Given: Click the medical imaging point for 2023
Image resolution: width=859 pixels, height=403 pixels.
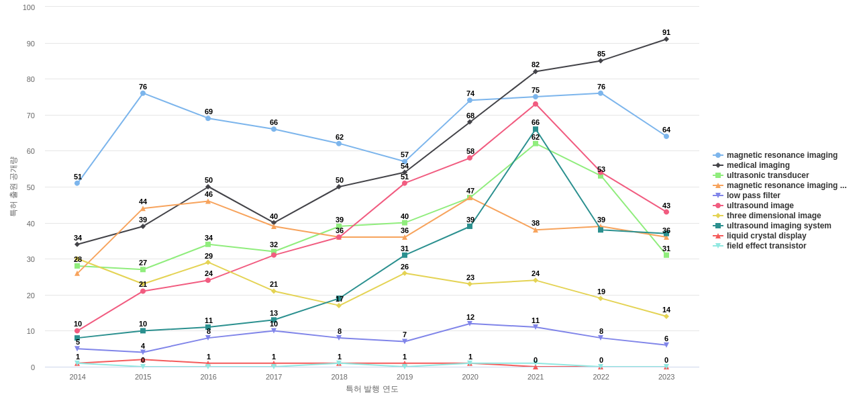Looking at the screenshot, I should (666, 39).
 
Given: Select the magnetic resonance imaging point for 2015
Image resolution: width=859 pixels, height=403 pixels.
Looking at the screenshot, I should (143, 93).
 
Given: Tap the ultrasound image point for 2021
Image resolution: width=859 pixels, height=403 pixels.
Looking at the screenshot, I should (536, 104).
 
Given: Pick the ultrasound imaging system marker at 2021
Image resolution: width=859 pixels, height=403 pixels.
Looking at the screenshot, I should (536, 130).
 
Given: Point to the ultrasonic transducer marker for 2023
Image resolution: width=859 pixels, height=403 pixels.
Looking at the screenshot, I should (666, 255).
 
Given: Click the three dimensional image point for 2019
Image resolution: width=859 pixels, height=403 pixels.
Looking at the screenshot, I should (405, 273).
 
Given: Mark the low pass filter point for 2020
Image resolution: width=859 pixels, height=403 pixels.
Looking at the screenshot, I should (470, 324).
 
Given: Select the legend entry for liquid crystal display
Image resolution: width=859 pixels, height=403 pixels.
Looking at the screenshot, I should (766, 236).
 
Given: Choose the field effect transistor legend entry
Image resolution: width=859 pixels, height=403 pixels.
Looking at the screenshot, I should (766, 246).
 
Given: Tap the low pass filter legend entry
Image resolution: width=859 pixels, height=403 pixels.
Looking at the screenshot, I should (753, 195).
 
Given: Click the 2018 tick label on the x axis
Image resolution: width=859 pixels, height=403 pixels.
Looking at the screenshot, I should (339, 377).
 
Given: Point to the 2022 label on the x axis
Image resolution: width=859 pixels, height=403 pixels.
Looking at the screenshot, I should (601, 377).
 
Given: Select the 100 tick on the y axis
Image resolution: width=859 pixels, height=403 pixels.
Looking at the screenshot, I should (29, 7).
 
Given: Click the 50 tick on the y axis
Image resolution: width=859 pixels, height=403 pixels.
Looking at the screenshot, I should (31, 187).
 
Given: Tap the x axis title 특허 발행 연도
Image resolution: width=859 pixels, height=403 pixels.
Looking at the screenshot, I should (372, 389).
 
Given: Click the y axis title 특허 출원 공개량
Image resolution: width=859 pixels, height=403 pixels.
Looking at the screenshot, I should (13, 186).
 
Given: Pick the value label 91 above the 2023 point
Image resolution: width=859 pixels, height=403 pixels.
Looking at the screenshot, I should (666, 32).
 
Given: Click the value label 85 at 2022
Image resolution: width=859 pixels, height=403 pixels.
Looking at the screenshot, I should (601, 54).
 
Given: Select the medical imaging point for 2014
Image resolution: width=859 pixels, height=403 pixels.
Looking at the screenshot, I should (77, 244).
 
